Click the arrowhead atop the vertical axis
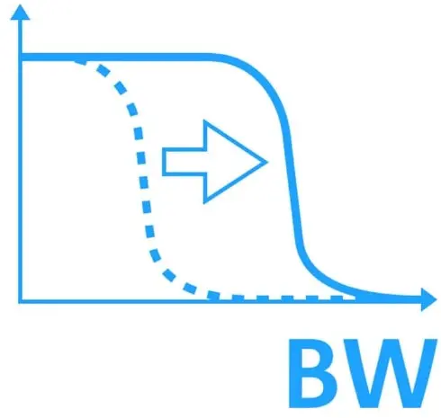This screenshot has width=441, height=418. tap(21, 13)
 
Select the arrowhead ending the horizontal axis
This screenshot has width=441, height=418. tap(428, 299)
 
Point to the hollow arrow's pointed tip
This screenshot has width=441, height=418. tap(265, 162)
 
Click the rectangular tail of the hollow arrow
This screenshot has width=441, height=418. tap(184, 162)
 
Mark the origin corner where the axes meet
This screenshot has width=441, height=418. tap(21, 300)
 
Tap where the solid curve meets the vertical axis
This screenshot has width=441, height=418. tap(21, 57)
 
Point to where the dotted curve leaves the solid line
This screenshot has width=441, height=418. tap(79, 61)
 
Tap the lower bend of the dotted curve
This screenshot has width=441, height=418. tap(174, 279)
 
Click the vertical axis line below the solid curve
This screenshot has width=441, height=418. tap(21, 179)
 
